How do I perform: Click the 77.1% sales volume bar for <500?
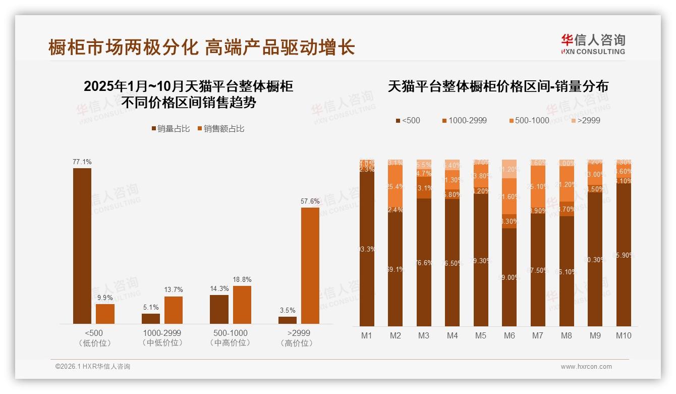pyautogui.click(x=82, y=246)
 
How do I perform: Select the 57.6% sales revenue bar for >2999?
pyautogui.click(x=310, y=266)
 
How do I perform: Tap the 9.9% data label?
pyautogui.click(x=105, y=298)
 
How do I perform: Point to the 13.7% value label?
pyautogui.click(x=174, y=290)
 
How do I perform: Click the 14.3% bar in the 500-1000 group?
pyautogui.click(x=219, y=309)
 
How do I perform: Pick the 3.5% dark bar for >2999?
pyautogui.click(x=288, y=320)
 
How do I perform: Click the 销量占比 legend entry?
pyautogui.click(x=171, y=129)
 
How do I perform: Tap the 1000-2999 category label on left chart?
pyautogui.click(x=162, y=333)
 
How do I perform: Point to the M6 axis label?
pyautogui.click(x=509, y=335)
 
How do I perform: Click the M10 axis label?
pyautogui.click(x=624, y=335)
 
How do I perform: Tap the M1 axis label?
pyautogui.click(x=367, y=335)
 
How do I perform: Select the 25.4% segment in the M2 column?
pyautogui.click(x=395, y=186)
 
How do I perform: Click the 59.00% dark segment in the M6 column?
pyautogui.click(x=510, y=277)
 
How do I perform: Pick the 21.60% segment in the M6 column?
pyautogui.click(x=510, y=196)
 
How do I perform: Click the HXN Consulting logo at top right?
pyautogui.click(x=593, y=44)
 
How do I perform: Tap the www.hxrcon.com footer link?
pyautogui.click(x=586, y=367)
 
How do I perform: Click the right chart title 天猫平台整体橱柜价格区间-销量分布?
pyautogui.click(x=498, y=86)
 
